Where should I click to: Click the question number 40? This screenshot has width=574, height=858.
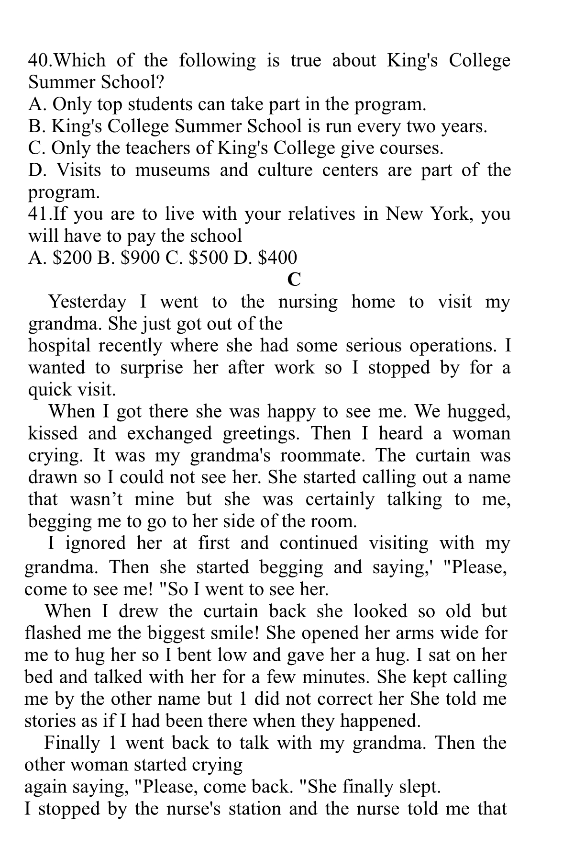pos(38,61)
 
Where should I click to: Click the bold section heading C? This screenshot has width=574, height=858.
pos(294,279)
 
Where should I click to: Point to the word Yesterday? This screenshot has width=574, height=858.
pos(88,302)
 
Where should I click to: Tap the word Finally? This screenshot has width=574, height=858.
pos(72,743)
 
